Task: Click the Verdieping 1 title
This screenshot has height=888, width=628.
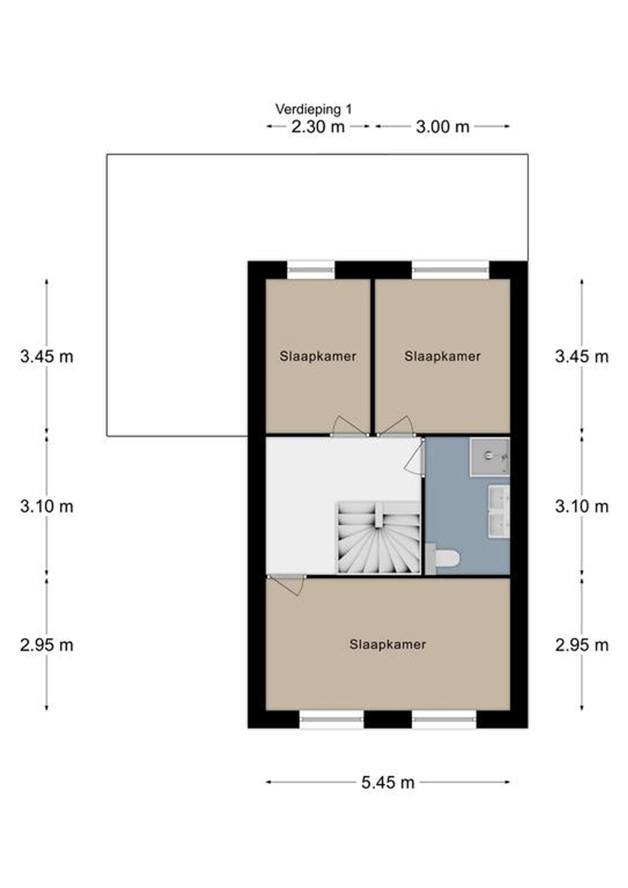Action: [x=313, y=109]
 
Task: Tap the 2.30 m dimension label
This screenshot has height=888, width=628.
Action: [x=318, y=127]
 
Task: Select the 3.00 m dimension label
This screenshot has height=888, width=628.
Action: [x=442, y=127]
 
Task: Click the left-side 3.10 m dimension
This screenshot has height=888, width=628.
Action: [x=47, y=507]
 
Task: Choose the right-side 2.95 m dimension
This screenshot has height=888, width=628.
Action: [x=582, y=645]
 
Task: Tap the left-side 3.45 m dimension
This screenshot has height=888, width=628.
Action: [x=47, y=357]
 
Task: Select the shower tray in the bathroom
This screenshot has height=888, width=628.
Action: [x=490, y=456]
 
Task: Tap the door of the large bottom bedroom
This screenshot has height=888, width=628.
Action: [x=286, y=585]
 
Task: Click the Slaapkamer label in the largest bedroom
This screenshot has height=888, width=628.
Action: [x=387, y=644]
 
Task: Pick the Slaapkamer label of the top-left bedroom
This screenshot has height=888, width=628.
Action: [x=318, y=356]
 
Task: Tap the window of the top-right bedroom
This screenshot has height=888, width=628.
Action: [x=450, y=270]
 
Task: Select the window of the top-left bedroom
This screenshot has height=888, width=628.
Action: [x=311, y=270]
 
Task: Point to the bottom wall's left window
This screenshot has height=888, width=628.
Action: [x=331, y=720]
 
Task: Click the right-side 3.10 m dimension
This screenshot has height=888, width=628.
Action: [x=582, y=507]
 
